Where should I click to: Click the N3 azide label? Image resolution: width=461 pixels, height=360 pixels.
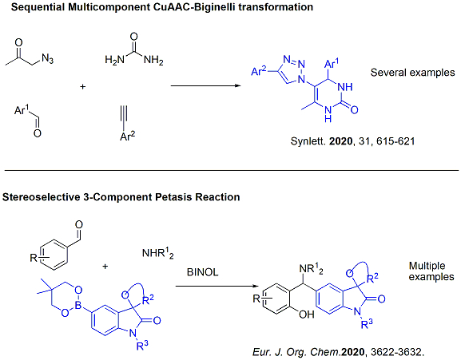(x=47, y=59)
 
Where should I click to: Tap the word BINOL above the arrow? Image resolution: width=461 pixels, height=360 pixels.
(x=203, y=272)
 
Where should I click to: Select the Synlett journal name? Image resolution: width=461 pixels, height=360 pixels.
(x=308, y=141)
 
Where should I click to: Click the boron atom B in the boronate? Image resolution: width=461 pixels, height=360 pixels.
(x=78, y=306)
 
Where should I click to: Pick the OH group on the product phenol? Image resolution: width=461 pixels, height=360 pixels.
(x=307, y=315)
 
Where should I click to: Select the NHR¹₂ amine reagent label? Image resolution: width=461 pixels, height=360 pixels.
(x=158, y=253)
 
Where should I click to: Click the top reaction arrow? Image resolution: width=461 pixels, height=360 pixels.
(x=206, y=85)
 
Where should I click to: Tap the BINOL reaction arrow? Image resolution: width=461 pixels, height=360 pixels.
(x=217, y=287)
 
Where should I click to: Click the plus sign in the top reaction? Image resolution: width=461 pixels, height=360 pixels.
(x=82, y=87)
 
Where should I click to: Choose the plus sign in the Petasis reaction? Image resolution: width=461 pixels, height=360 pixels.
(x=105, y=267)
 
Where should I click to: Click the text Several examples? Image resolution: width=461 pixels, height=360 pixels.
(x=412, y=73)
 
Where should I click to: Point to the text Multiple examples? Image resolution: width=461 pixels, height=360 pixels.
(x=431, y=271)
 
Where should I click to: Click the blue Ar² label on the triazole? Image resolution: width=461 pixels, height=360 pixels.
(x=259, y=71)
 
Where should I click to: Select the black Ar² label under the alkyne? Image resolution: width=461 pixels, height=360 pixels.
(x=128, y=136)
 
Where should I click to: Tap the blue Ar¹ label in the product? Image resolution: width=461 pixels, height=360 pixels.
(x=332, y=62)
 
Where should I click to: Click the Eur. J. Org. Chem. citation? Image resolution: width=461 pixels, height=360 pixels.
(x=339, y=352)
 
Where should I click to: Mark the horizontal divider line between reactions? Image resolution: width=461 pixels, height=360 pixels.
(x=232, y=170)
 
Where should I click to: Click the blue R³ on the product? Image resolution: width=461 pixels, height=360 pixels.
(x=367, y=324)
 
